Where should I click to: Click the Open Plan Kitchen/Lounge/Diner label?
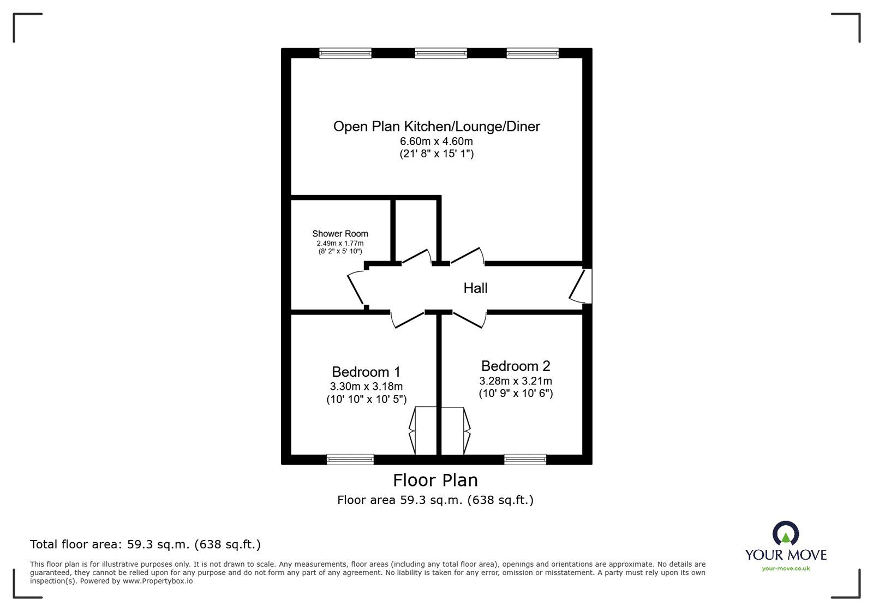pos(436,127)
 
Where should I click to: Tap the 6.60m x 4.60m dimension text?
pos(436,141)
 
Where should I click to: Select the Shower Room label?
pos(340,234)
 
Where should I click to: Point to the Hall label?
pos(475,288)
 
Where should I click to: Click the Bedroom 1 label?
pos(366,372)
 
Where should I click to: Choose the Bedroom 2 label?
pos(516,366)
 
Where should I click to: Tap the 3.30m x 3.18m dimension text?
pos(366,387)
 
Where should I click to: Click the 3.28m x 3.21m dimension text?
pos(516,381)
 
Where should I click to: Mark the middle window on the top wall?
pos(441,53)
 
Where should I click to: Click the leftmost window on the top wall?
pos(345,53)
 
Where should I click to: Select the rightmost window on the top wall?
pos(533,53)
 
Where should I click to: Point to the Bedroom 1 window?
pos(350,459)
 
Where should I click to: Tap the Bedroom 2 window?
pos(525,459)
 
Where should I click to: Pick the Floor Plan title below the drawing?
pos(435,480)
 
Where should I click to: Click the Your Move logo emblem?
pos(786,533)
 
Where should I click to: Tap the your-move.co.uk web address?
pos(786,568)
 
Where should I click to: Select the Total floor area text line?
pos(145,544)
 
